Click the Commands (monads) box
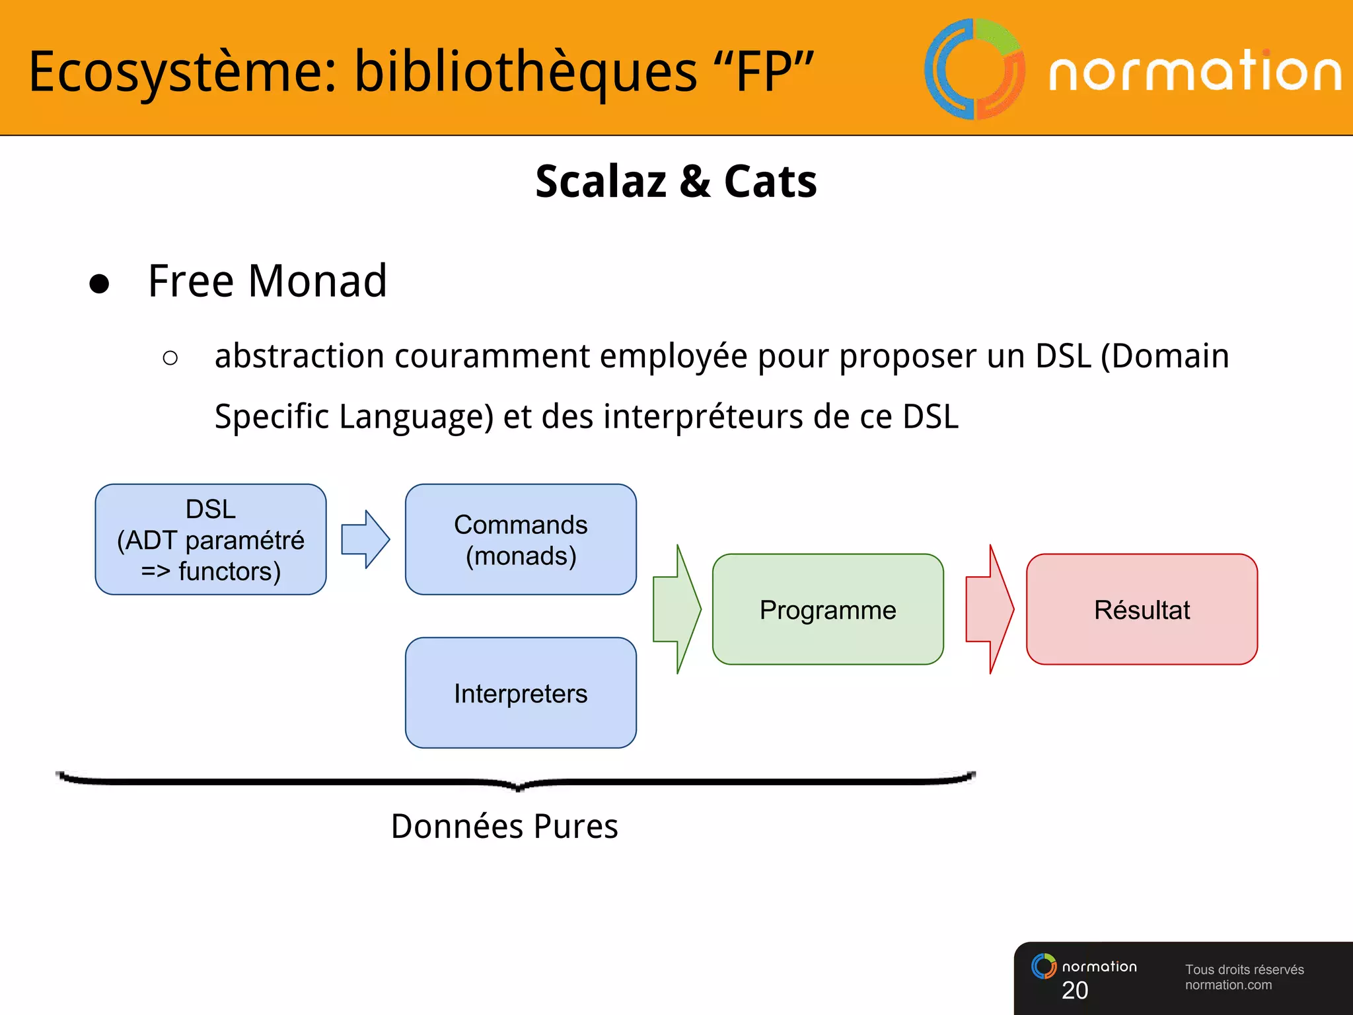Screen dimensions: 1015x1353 [x=521, y=539]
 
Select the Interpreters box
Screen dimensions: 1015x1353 [x=521, y=693]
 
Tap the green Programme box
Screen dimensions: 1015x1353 [x=828, y=609]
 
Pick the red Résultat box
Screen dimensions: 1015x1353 [x=1142, y=609]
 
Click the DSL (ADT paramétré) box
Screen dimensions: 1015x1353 [x=211, y=539]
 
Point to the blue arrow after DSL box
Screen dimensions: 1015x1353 [x=365, y=539]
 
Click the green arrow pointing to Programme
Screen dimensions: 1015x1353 [x=676, y=609]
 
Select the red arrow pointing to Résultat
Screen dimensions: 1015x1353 [x=989, y=609]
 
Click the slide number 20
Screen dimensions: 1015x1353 [x=1075, y=990]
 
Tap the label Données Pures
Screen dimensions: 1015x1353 [x=504, y=826]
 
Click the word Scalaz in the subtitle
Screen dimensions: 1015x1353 [x=601, y=181]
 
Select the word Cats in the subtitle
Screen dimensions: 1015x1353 [x=770, y=181]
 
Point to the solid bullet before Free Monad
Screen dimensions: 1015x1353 [x=99, y=283]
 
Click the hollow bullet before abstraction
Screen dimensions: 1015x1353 [x=170, y=358]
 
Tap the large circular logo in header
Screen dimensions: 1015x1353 [x=974, y=69]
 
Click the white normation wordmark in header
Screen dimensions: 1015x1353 [x=1195, y=71]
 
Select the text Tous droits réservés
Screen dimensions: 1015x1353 [x=1244, y=969]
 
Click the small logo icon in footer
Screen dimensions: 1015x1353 [x=1044, y=966]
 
